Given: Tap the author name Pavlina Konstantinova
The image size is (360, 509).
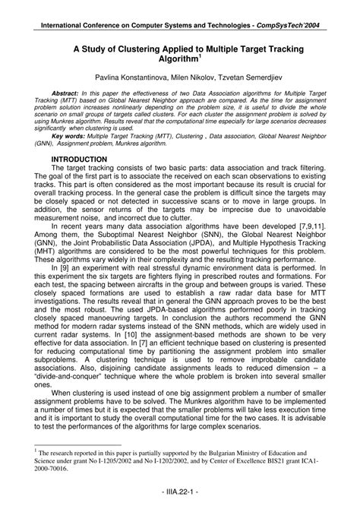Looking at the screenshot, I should pyautogui.click(x=128, y=79).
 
